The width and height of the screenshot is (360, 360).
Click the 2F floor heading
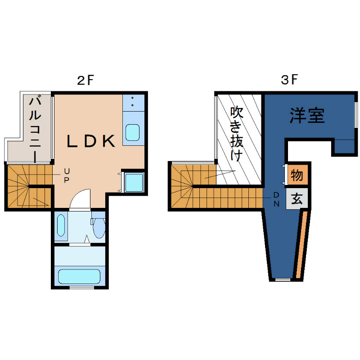(85, 81)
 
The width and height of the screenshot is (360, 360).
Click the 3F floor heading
(289, 81)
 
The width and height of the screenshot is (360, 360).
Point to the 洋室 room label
(307, 116)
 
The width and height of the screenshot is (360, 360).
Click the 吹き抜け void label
(237, 134)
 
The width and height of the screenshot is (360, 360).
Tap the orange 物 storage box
(297, 175)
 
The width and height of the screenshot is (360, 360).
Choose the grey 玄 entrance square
(297, 198)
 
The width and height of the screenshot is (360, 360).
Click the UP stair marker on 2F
(66, 175)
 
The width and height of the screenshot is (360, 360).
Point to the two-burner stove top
(133, 102)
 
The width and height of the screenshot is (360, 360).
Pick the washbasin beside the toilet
(62, 226)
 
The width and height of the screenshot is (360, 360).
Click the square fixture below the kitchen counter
(133, 182)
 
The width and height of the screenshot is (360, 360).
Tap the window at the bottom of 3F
(283, 280)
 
